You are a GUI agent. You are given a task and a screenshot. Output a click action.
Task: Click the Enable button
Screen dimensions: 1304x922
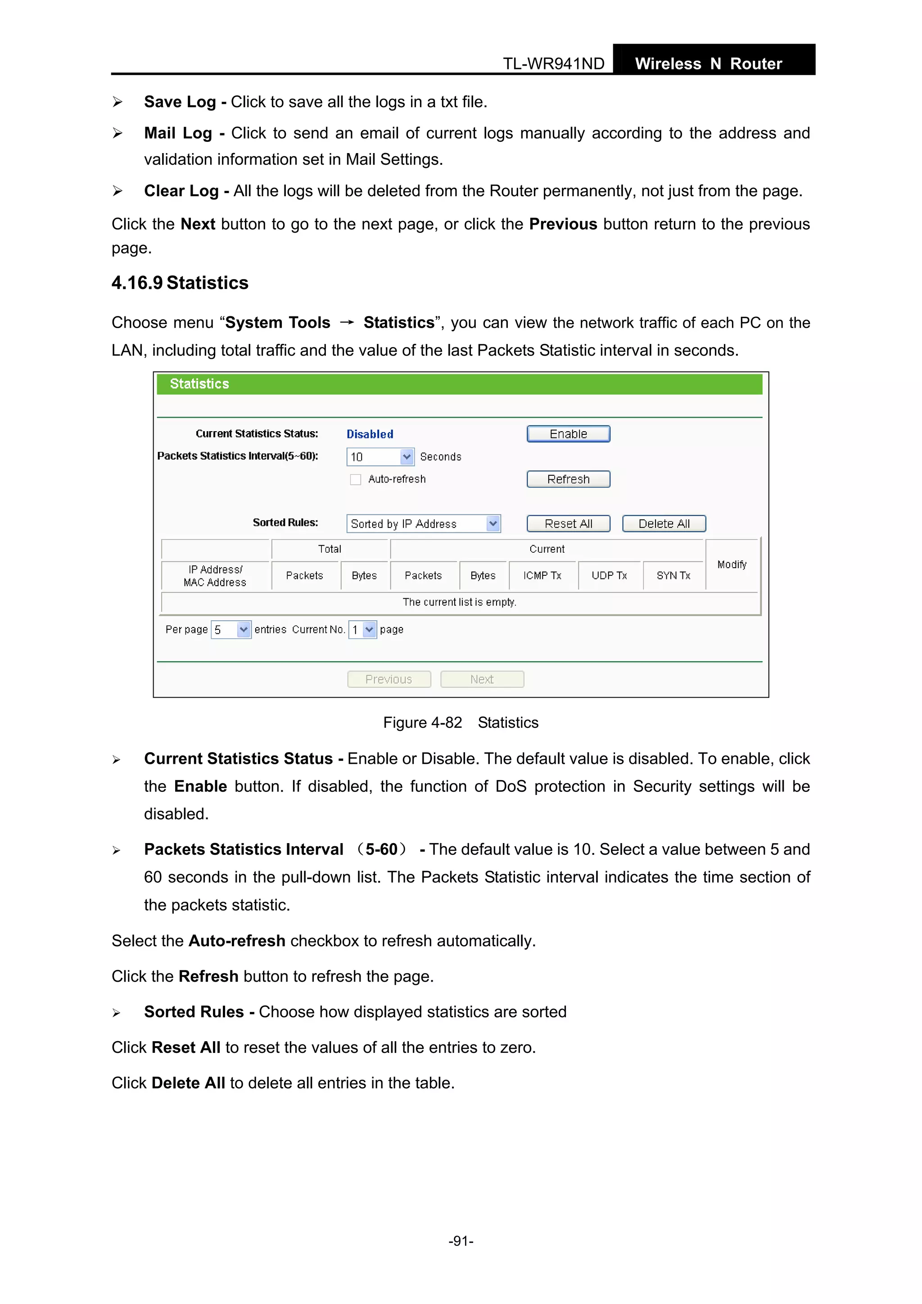pyautogui.click(x=568, y=434)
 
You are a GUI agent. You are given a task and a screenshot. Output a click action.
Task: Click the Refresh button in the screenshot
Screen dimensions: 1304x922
pyautogui.click(x=568, y=479)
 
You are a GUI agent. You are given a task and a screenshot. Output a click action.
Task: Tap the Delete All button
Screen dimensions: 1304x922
pyautogui.click(x=664, y=523)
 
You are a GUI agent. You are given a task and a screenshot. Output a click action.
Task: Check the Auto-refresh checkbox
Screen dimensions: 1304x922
pyautogui.click(x=356, y=479)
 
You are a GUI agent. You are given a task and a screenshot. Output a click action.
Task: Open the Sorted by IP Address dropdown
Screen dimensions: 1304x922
pyautogui.click(x=423, y=523)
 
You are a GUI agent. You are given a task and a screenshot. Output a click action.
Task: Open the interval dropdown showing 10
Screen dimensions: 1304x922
pyautogui.click(x=380, y=456)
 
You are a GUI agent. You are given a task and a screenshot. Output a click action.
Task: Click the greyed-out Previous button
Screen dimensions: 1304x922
pyautogui.click(x=389, y=679)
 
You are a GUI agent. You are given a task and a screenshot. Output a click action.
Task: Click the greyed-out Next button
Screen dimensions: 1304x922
pyautogui.click(x=482, y=679)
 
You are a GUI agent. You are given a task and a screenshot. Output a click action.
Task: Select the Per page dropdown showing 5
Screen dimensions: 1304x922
pyautogui.click(x=230, y=629)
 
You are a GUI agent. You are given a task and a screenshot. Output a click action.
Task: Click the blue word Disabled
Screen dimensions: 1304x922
pyautogui.click(x=370, y=434)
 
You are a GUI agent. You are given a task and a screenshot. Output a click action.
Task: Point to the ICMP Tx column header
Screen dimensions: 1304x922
pyautogui.click(x=542, y=575)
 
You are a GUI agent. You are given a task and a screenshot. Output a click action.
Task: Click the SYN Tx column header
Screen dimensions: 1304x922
pyautogui.click(x=673, y=575)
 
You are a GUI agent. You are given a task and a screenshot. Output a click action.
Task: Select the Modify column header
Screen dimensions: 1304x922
pyautogui.click(x=732, y=564)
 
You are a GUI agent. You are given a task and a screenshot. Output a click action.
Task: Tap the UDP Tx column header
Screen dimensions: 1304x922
pyautogui.click(x=609, y=575)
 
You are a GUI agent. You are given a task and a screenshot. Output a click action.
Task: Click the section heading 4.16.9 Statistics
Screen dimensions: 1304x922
pyautogui.click(x=180, y=283)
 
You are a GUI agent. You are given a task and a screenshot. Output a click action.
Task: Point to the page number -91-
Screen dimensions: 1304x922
pyautogui.click(x=461, y=1241)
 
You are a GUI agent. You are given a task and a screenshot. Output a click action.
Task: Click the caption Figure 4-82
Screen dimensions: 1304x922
pyautogui.click(x=423, y=722)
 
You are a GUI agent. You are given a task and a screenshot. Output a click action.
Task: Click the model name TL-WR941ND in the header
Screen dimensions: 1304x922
pyautogui.click(x=553, y=63)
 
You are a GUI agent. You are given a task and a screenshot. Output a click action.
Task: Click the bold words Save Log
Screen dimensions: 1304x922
pyautogui.click(x=180, y=102)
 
